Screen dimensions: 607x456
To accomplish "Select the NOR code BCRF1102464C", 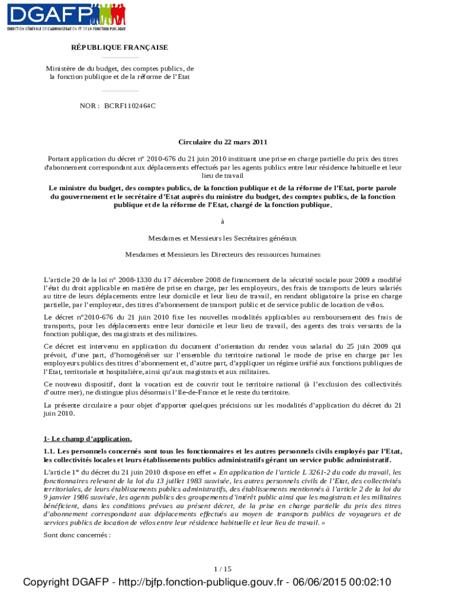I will point(130,106).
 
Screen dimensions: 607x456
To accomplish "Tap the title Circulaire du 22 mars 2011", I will point(223,142).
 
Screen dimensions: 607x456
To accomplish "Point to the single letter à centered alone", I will point(223,222).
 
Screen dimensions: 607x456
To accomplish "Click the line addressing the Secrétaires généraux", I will point(223,238).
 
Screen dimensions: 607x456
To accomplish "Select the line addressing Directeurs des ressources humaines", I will point(223,254).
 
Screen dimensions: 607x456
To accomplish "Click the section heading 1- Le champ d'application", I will point(87,439).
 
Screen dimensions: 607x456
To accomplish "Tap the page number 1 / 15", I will point(223,569).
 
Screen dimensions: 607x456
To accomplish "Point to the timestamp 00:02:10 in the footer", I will point(371,583).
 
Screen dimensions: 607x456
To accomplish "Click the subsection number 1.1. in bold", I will point(50,452).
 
